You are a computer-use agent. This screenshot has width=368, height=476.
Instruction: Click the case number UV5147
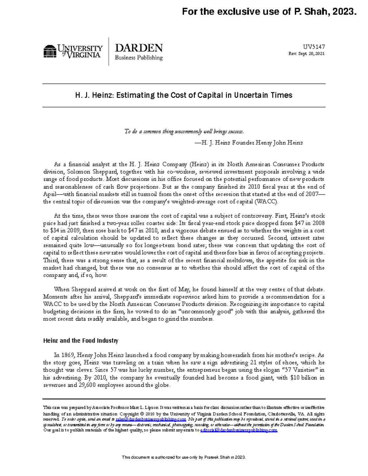[x=314, y=47]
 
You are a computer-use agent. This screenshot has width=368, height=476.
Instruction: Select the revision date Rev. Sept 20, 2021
[x=306, y=54]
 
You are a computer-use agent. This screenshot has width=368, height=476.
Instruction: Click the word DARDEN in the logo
[x=139, y=48]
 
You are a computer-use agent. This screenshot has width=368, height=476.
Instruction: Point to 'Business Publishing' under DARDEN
[x=139, y=58]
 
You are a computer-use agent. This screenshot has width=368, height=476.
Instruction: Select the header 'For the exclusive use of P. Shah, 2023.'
[x=269, y=12]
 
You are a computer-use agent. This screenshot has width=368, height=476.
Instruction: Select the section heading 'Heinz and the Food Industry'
[x=81, y=341]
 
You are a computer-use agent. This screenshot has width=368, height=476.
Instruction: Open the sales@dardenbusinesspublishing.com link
[x=151, y=419]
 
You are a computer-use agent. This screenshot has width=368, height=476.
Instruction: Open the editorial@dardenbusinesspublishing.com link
[x=239, y=430]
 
